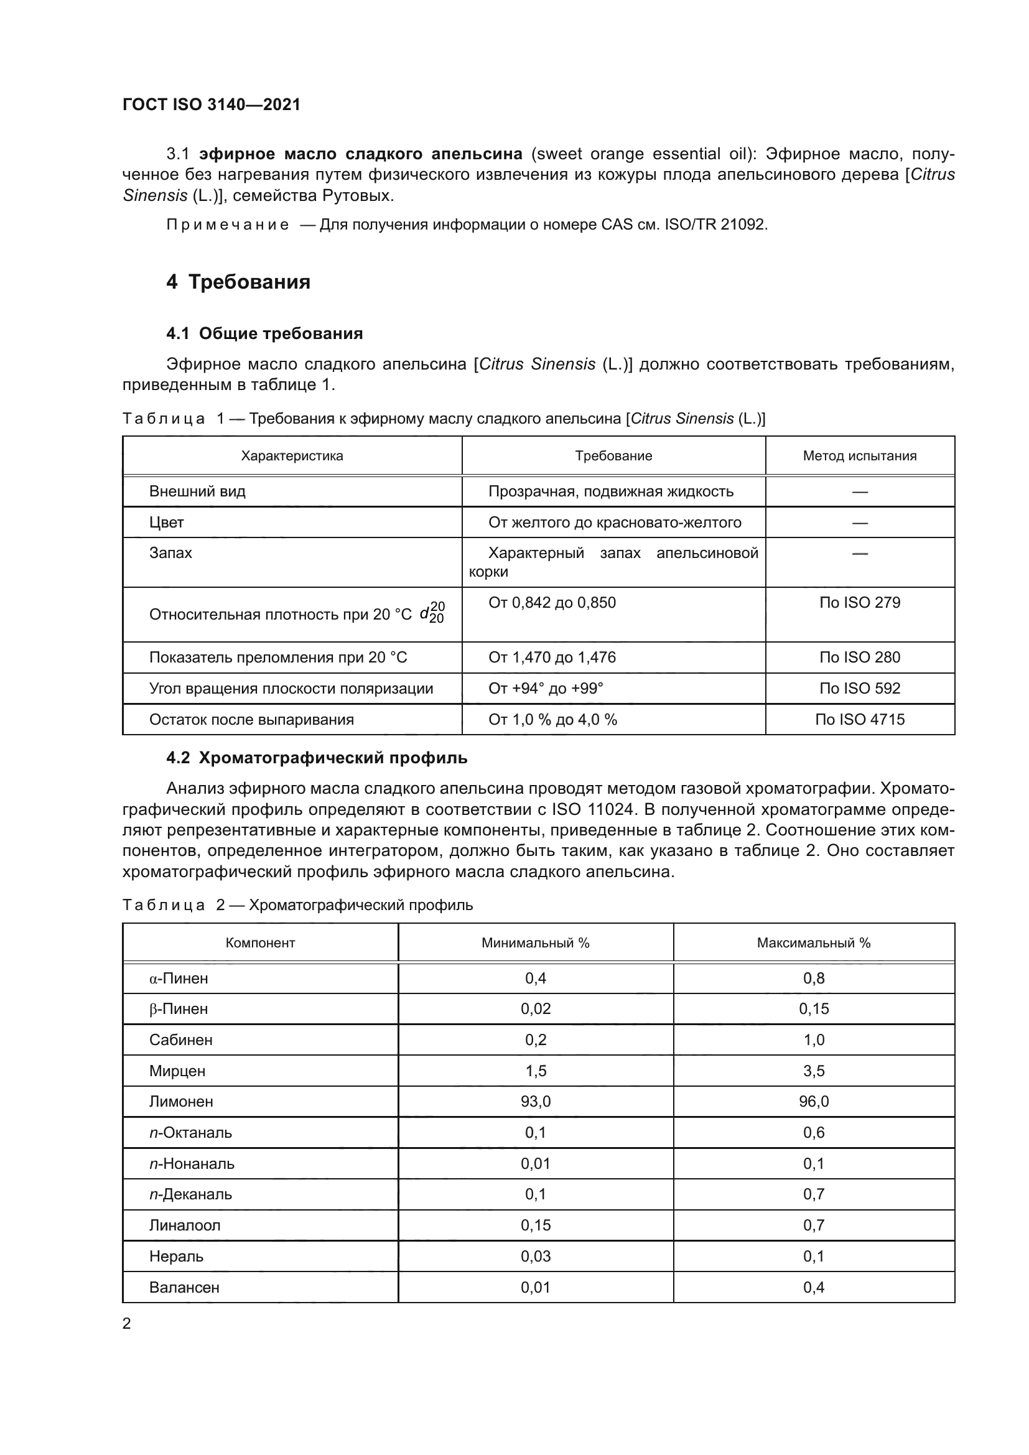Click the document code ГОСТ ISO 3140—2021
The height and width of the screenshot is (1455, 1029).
click(211, 105)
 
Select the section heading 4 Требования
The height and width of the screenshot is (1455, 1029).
click(238, 281)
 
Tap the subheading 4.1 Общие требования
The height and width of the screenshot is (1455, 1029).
click(264, 333)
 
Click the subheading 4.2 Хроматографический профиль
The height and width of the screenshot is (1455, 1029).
click(317, 757)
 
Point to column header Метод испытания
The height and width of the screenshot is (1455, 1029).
click(859, 455)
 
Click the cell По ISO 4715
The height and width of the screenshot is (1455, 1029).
click(859, 719)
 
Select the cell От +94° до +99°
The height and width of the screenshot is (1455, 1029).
click(546, 688)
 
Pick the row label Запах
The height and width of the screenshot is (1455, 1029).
click(170, 552)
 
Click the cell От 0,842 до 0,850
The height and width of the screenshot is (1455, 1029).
click(552, 603)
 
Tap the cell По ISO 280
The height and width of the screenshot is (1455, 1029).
click(859, 657)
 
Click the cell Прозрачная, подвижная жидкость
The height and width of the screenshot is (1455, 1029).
click(611, 491)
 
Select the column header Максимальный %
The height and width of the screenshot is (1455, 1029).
click(814, 943)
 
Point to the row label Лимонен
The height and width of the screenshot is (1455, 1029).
click(181, 1102)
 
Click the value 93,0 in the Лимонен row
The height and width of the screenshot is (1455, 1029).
click(536, 1102)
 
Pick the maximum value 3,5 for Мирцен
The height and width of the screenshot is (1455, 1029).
click(814, 1071)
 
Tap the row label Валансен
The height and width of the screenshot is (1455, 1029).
click(184, 1287)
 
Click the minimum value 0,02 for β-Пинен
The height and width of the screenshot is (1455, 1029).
click(536, 1009)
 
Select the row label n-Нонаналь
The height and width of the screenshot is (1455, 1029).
click(192, 1163)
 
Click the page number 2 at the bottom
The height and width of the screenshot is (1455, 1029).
click(127, 1323)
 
